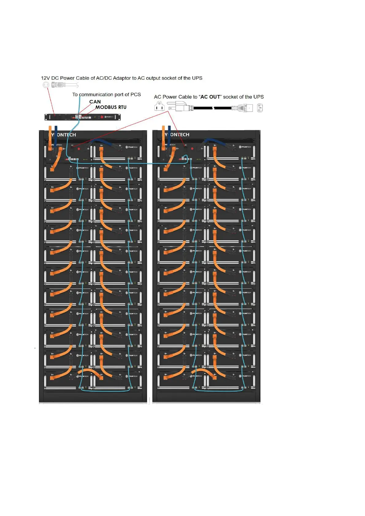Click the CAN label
pos(95,102)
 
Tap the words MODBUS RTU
pos(111,107)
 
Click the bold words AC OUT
pos(210,97)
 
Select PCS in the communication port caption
pos(136,95)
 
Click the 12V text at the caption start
pos(45,78)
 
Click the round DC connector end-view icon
pos(46,85)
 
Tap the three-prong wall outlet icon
pos(159,106)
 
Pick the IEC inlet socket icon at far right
pos(260,108)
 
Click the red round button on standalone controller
pos(102,117)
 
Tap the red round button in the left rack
pos(79,149)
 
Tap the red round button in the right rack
pos(192,149)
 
